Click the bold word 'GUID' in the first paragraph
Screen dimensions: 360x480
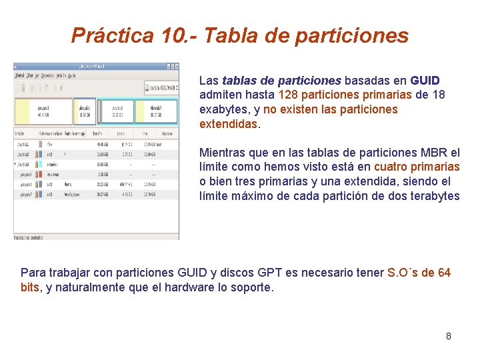pos(425,81)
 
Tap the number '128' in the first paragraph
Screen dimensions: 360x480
pos(289,95)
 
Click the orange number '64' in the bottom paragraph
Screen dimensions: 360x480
pos(444,273)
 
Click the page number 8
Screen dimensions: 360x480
pos(448,336)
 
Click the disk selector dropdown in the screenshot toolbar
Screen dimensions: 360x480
pos(161,87)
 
